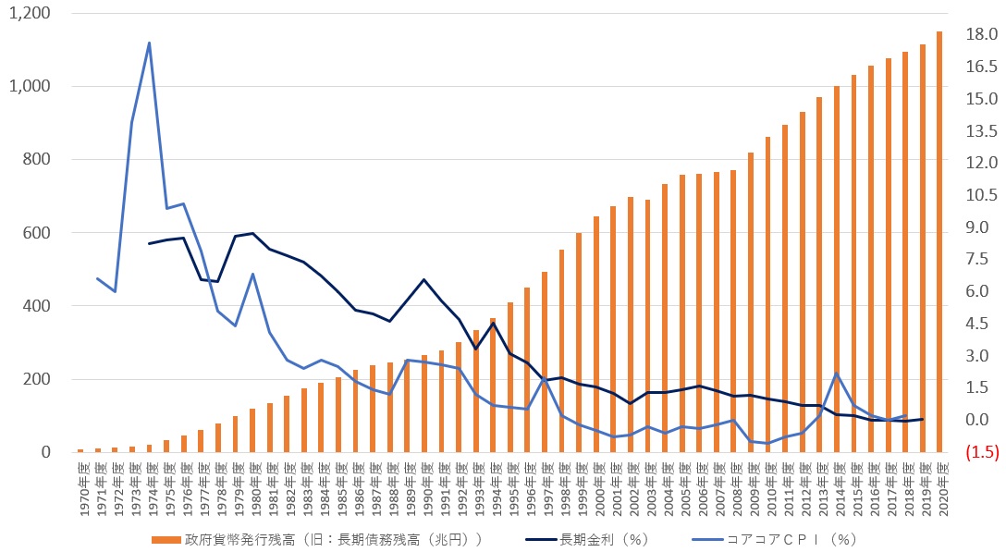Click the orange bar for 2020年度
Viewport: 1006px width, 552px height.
coord(939,242)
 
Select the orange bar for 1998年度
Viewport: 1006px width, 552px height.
coord(561,351)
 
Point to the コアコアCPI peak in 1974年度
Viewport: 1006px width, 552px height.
coord(149,43)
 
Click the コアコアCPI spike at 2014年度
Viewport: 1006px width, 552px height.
coord(837,374)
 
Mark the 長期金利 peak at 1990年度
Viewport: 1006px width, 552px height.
coord(423,279)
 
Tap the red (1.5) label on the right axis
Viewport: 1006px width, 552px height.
coord(978,452)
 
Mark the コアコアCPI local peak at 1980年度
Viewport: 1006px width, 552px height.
coord(252,274)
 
